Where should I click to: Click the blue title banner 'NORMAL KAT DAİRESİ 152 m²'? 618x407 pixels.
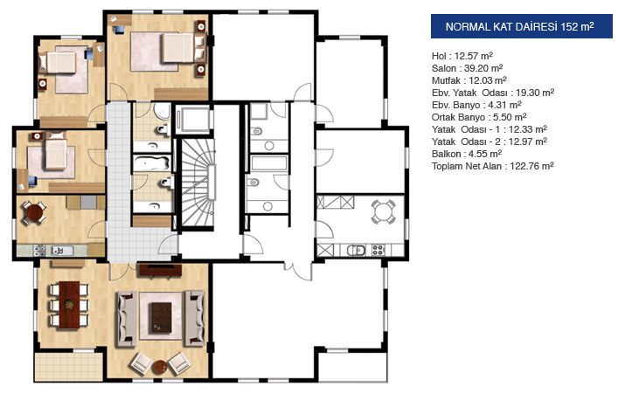(x=522, y=26)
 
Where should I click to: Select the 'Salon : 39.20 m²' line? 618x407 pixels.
(x=467, y=68)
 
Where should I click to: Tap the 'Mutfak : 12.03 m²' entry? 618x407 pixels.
(x=469, y=80)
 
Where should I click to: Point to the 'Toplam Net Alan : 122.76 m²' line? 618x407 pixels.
(x=493, y=166)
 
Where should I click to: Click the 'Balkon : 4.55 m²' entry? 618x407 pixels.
(x=467, y=154)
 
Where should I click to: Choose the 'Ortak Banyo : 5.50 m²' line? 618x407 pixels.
(x=479, y=117)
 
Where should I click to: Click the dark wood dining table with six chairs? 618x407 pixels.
(x=69, y=305)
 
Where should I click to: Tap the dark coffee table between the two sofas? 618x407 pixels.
(x=161, y=318)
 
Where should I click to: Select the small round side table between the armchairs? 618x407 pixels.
(x=160, y=367)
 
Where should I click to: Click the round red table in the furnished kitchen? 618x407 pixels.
(x=34, y=212)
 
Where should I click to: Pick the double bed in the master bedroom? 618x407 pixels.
(x=178, y=48)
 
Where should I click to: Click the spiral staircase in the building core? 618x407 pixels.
(x=198, y=183)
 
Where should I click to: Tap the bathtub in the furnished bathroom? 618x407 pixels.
(x=152, y=163)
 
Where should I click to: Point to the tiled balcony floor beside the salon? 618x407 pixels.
(x=69, y=367)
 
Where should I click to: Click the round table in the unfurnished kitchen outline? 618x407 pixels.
(x=383, y=212)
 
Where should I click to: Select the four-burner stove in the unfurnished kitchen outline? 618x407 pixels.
(x=378, y=250)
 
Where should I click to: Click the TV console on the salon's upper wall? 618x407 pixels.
(x=160, y=270)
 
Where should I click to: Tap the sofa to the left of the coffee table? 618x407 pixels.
(x=127, y=319)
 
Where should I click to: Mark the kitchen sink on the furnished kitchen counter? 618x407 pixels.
(x=62, y=251)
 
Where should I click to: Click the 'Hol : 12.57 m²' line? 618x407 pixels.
(x=462, y=56)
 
